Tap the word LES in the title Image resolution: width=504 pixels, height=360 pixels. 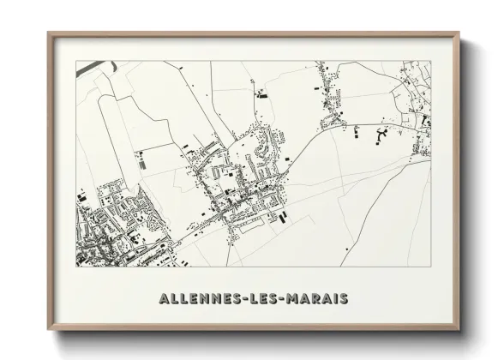(257, 298)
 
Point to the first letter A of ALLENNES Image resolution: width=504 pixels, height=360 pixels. (164, 298)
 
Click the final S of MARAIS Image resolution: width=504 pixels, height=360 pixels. (343, 298)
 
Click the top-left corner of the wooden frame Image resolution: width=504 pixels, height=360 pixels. (49, 33)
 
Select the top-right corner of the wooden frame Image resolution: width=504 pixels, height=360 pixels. (459, 33)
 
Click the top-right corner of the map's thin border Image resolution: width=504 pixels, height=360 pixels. (430, 61)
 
